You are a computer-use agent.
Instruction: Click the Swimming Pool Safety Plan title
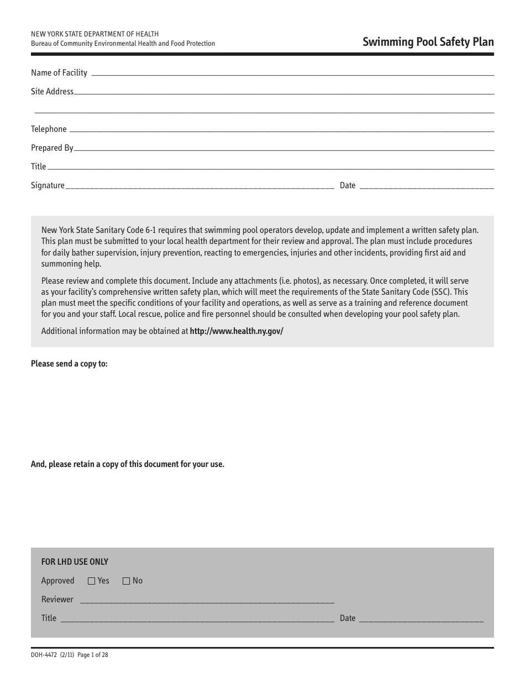pyautogui.click(x=428, y=42)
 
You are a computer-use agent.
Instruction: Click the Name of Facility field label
pyautogui.click(x=59, y=73)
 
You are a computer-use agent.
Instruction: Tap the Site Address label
pyautogui.click(x=52, y=92)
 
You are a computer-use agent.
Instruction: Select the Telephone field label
pyautogui.click(x=49, y=129)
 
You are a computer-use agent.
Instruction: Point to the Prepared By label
pyautogui.click(x=52, y=148)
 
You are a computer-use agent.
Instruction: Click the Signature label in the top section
pyautogui.click(x=48, y=185)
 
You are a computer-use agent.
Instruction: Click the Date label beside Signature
pyautogui.click(x=348, y=185)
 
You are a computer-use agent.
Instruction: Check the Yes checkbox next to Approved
pyautogui.click(x=92, y=581)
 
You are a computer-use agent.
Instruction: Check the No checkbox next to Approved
pyautogui.click(x=126, y=581)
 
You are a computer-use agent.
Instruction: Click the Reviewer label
pyautogui.click(x=57, y=600)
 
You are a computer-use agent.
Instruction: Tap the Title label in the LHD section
pyautogui.click(x=49, y=618)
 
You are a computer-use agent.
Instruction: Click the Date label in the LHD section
pyautogui.click(x=348, y=618)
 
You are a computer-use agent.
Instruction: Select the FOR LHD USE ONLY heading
pyautogui.click(x=75, y=562)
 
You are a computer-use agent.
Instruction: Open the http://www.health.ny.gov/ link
pyautogui.click(x=237, y=331)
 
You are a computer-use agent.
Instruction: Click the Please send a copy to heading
pyautogui.click(x=69, y=364)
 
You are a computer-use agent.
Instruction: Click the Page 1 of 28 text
pyautogui.click(x=93, y=655)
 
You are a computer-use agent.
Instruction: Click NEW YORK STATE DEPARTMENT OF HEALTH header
pyautogui.click(x=95, y=34)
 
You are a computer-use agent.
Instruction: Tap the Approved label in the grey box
pyautogui.click(x=57, y=581)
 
